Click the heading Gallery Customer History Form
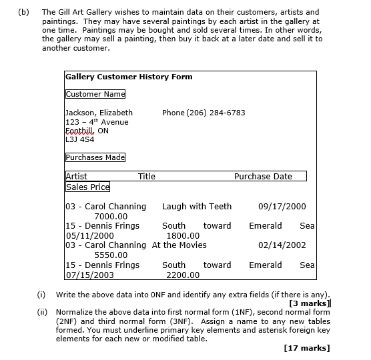[x=129, y=77]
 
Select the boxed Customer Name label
[x=95, y=94]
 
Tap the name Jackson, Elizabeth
[x=99, y=113]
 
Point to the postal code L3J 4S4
[x=80, y=139]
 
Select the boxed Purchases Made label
[x=95, y=157]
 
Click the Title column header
[x=146, y=177]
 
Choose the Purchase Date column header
[x=263, y=177]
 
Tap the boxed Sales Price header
[x=87, y=187]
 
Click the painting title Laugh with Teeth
[x=197, y=207]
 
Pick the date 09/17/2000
[x=282, y=207]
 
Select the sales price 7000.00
[x=111, y=217]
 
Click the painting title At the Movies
[x=179, y=245]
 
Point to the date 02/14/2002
[x=282, y=245]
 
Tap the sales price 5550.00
[x=111, y=255]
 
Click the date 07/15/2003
[x=90, y=275]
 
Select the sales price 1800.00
[x=183, y=236]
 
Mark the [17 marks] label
[x=306, y=348]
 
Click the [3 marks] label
[x=310, y=303]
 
